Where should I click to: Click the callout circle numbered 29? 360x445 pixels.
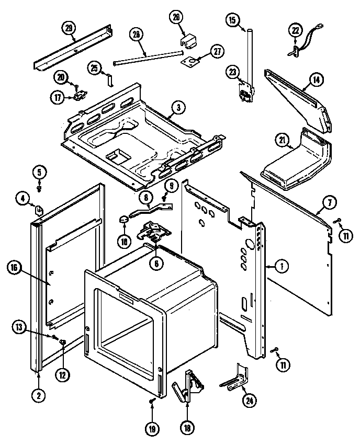click(x=67, y=27)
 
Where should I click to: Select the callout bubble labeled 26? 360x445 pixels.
click(x=176, y=17)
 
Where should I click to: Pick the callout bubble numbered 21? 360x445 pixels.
click(x=283, y=140)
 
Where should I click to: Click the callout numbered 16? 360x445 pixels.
click(x=14, y=267)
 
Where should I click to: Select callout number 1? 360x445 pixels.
click(x=282, y=267)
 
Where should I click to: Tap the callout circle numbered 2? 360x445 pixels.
click(x=38, y=395)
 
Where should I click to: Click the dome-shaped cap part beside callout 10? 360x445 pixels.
click(x=123, y=219)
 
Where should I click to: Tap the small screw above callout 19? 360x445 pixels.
click(x=151, y=401)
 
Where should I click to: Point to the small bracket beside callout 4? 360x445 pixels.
click(x=39, y=210)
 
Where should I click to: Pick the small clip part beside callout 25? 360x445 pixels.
click(x=109, y=79)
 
